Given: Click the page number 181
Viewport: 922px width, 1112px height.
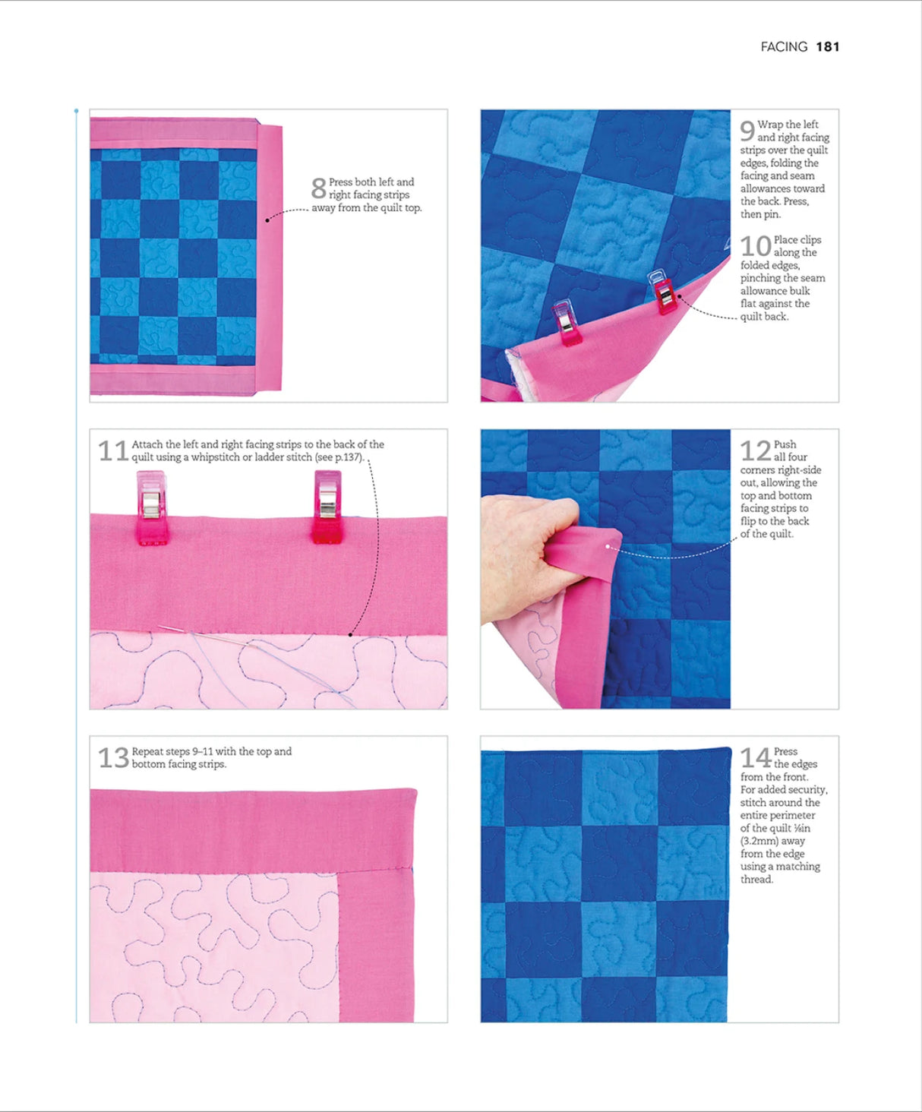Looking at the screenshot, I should pos(827,47).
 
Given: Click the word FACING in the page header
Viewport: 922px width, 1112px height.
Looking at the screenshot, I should pos(784,47).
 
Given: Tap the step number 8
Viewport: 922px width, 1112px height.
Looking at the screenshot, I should pos(318,188).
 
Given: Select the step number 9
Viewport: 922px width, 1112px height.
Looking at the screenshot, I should pos(747,131).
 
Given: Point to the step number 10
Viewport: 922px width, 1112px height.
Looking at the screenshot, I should pos(756,246).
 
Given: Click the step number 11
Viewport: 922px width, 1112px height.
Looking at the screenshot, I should pos(113,451).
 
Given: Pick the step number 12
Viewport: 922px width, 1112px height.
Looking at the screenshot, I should pos(756,451).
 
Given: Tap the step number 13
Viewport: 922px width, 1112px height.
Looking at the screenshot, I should pos(113,758).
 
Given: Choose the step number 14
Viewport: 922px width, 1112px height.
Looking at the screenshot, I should pos(756,758).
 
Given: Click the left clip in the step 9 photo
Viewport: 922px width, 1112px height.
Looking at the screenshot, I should pos(566,322).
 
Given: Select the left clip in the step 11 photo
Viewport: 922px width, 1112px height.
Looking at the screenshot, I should pos(151,507).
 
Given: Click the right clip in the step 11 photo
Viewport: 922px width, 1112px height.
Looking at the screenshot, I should pos(328,507).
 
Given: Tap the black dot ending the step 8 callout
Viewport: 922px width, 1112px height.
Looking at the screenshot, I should pos(267,220).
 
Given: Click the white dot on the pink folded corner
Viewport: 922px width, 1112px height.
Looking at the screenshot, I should pos(608,546).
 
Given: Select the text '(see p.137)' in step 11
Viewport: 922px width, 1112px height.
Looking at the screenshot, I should pos(339,457).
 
